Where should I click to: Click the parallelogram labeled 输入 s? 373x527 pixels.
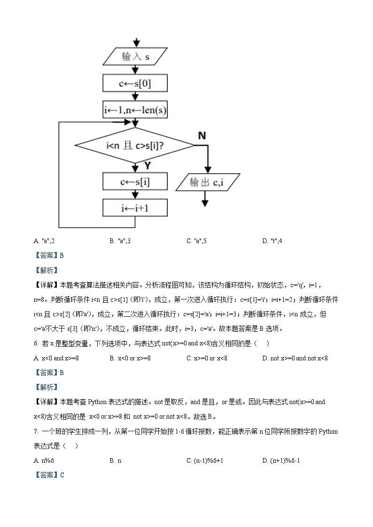pyautogui.click(x=135, y=57)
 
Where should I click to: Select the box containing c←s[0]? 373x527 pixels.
pyautogui.click(x=135, y=84)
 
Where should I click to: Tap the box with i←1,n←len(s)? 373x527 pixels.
pyautogui.click(x=135, y=110)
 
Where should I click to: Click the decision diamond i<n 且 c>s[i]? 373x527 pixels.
pyautogui.click(x=135, y=145)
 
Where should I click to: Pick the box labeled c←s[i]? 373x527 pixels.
pyautogui.click(x=135, y=181)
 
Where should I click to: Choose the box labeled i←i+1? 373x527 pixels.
pyautogui.click(x=135, y=208)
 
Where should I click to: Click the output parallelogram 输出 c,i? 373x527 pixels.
pyautogui.click(x=208, y=182)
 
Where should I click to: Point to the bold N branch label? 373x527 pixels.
pyautogui.click(x=202, y=136)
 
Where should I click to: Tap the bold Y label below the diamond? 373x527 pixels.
pyautogui.click(x=148, y=166)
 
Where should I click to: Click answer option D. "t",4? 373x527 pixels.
pyautogui.click(x=272, y=241)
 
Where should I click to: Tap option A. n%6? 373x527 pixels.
pyautogui.click(x=44, y=460)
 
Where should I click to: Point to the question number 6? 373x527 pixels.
pyautogui.click(x=36, y=344)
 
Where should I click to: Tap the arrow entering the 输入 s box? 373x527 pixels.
pyautogui.click(x=136, y=42)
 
